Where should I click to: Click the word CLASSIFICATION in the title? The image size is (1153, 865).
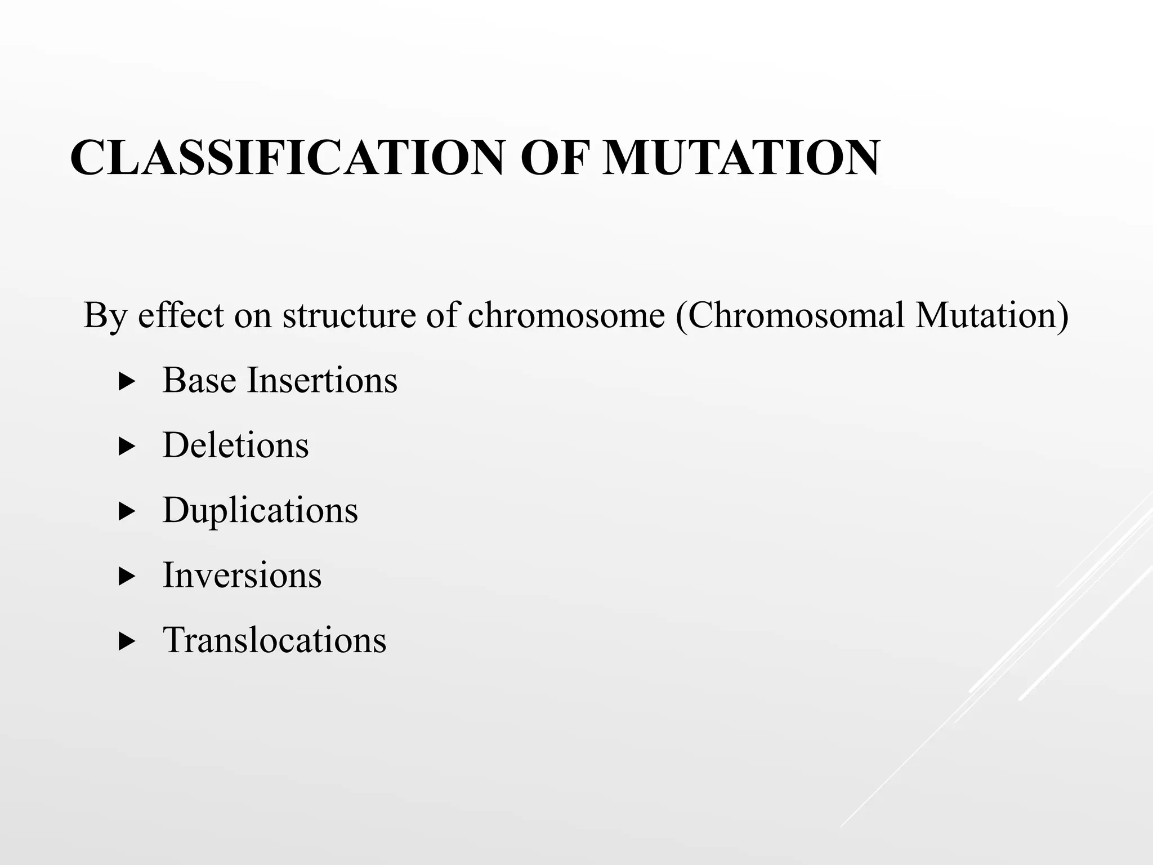pyautogui.click(x=287, y=158)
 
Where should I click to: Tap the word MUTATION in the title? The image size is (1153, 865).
pyautogui.click(x=740, y=158)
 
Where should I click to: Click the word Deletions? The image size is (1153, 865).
pyautogui.click(x=235, y=445)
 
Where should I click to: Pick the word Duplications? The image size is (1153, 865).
pyautogui.click(x=260, y=511)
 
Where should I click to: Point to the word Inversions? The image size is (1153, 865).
pyautogui.click(x=242, y=576)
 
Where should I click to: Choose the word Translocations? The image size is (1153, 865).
pyautogui.click(x=275, y=640)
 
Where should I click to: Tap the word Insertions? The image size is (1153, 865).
pyautogui.click(x=323, y=380)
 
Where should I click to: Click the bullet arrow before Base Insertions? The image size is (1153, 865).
pyautogui.click(x=128, y=382)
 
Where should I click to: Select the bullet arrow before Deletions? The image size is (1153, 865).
pyautogui.click(x=128, y=448)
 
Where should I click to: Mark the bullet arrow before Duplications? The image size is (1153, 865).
pyautogui.click(x=128, y=512)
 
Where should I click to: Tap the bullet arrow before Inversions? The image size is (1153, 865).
pyautogui.click(x=128, y=577)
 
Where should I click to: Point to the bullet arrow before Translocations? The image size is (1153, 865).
pyautogui.click(x=128, y=642)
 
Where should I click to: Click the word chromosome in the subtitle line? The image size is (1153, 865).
pyautogui.click(x=566, y=315)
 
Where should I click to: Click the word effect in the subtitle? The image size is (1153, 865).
pyautogui.click(x=181, y=315)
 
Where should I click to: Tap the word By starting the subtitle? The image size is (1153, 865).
pyautogui.click(x=105, y=316)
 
